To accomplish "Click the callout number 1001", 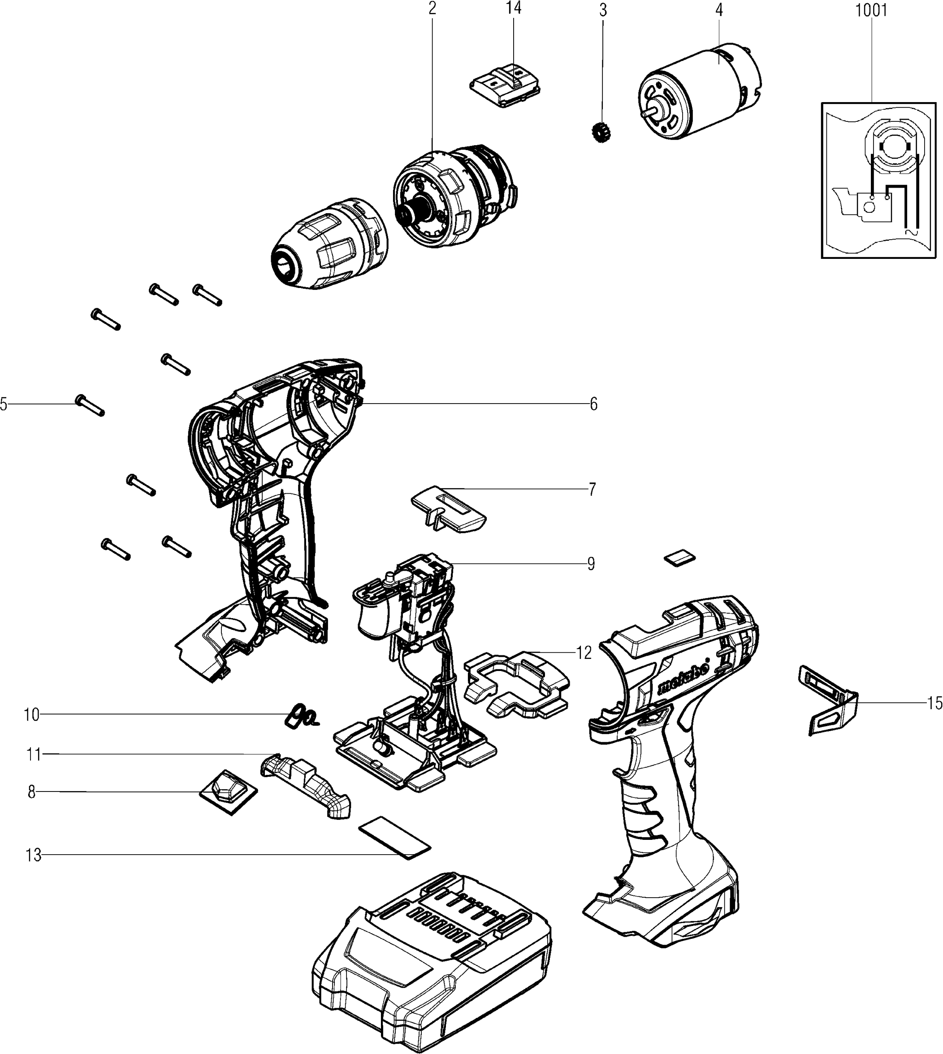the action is pyautogui.click(x=871, y=10).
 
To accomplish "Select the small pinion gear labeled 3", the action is pyautogui.click(x=601, y=133).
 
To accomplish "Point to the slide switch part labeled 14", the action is pyautogui.click(x=506, y=86).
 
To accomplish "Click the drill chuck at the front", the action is pyautogui.click(x=329, y=243).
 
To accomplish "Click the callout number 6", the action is pyautogui.click(x=593, y=404).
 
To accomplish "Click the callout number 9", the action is pyautogui.click(x=591, y=564).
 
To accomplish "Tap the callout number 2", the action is pyautogui.click(x=433, y=9).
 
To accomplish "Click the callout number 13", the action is pyautogui.click(x=34, y=855).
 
